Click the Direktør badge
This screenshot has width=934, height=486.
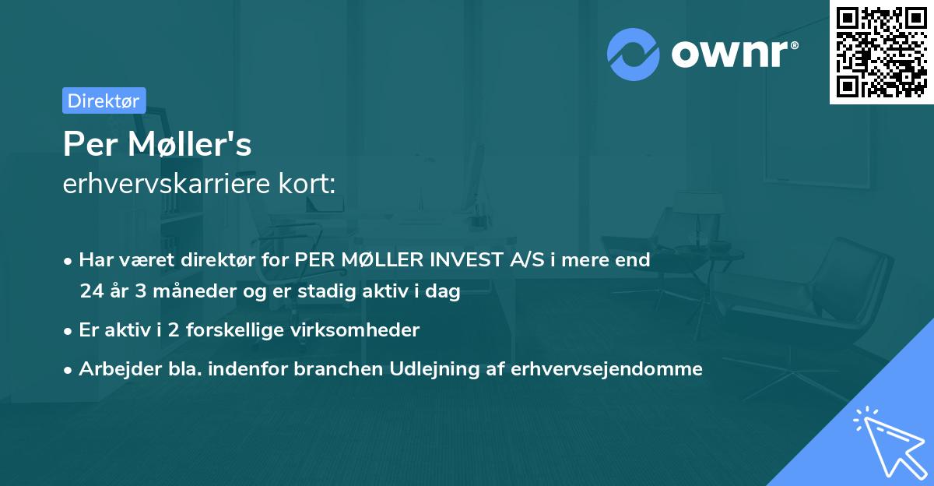pos(104,100)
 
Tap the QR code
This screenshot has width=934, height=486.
pos(881,51)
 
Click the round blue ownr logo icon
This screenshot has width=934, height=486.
pos(634,55)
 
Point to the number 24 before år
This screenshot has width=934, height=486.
pos(91,292)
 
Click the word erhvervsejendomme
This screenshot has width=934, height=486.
pos(607,369)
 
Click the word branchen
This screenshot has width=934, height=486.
pos(331,369)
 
